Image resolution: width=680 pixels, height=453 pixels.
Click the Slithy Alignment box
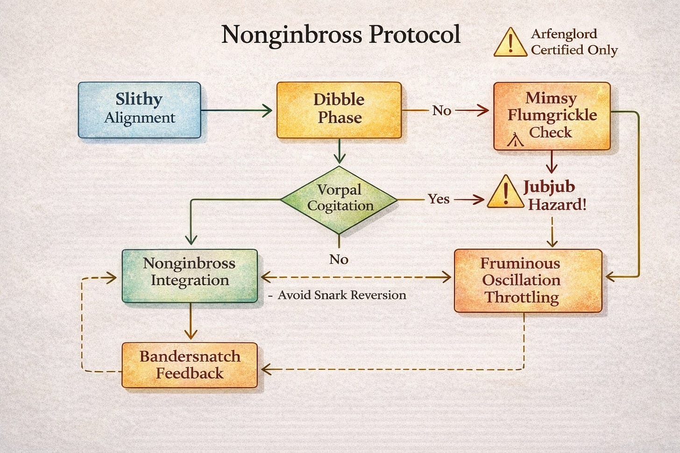[x=139, y=110]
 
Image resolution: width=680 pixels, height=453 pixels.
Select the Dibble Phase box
[x=339, y=110]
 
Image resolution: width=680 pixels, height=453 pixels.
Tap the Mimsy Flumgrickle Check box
[x=552, y=116]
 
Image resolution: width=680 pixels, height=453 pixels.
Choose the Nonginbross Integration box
[x=190, y=275]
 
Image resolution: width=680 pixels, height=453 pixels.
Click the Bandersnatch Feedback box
[x=190, y=365]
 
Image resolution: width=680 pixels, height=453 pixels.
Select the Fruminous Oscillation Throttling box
[x=528, y=280]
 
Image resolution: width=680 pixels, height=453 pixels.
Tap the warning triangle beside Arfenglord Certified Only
[x=510, y=42]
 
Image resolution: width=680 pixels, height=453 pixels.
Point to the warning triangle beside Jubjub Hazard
[x=505, y=193]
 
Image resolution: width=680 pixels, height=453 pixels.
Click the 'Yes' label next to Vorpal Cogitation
[x=439, y=199]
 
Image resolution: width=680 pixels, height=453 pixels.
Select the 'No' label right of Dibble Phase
[x=442, y=111]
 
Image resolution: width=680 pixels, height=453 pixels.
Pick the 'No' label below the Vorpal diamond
[x=339, y=259]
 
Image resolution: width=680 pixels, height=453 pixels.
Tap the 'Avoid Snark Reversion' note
[x=341, y=295]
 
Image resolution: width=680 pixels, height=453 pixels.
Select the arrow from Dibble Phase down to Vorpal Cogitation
[x=340, y=152]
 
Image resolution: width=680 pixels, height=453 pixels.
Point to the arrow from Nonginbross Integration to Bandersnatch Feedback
[x=190, y=322]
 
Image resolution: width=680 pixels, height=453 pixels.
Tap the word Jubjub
[x=549, y=187]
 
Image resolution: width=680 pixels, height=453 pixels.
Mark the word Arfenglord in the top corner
[x=564, y=34]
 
